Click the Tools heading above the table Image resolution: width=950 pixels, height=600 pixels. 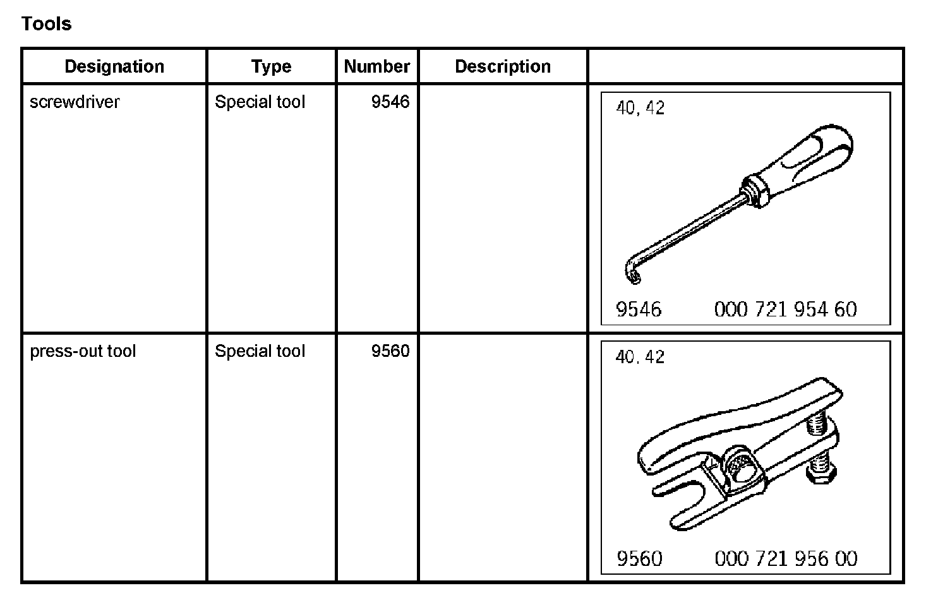(47, 24)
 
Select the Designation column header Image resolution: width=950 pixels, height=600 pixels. (114, 66)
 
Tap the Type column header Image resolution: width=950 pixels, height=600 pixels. (271, 66)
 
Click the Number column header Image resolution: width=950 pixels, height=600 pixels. (377, 66)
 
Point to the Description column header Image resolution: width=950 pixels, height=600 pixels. (503, 66)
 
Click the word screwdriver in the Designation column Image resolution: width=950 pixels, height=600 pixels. (75, 102)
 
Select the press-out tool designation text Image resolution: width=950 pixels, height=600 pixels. (83, 351)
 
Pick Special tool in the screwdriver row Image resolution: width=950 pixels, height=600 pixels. (260, 102)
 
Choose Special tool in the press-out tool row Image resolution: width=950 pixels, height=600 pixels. (260, 351)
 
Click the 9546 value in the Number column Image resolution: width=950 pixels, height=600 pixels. (390, 102)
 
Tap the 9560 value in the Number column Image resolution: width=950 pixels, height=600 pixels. (390, 351)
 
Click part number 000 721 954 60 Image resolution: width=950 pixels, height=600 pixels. (785, 309)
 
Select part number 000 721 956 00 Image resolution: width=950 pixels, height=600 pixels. (786, 558)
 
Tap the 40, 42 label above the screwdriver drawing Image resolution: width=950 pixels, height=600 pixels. (640, 108)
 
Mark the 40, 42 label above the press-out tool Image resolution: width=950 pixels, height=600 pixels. (640, 357)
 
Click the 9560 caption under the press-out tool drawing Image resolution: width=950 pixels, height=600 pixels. (639, 558)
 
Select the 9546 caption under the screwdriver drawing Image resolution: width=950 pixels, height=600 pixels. (639, 309)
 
